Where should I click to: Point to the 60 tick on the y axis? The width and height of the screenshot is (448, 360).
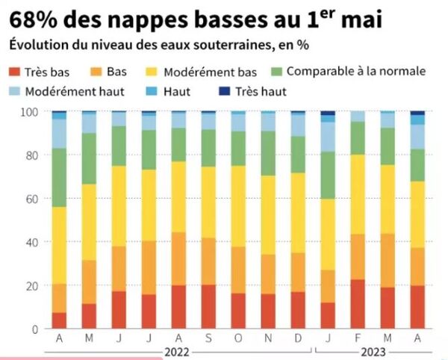[34, 199]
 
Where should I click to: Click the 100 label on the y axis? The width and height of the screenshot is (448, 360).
[31, 112]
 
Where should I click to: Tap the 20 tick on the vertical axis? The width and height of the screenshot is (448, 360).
[34, 285]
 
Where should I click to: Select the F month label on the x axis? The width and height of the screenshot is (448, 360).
[358, 338]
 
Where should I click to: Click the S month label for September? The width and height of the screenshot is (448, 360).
[208, 338]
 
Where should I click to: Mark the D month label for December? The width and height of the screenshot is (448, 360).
[298, 338]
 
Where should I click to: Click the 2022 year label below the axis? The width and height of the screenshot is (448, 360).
[178, 350]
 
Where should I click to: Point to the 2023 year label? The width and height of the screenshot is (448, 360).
[372, 350]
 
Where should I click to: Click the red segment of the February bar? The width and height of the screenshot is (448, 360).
[358, 304]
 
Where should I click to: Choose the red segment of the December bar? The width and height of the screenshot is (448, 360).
[298, 310]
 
